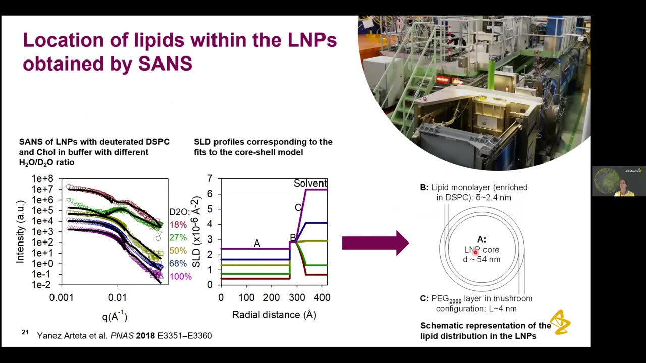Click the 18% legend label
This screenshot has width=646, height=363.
(x=178, y=225)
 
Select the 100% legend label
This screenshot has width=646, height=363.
(x=180, y=277)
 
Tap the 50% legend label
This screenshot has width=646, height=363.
(x=178, y=251)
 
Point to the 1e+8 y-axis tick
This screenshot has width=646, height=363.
(x=42, y=179)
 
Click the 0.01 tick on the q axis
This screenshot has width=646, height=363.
(x=117, y=298)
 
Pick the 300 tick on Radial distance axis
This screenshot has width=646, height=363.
(x=297, y=298)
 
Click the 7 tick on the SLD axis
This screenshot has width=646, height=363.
(x=210, y=179)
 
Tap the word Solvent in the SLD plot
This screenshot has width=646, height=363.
(x=310, y=184)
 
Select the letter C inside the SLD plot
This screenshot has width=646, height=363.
(x=298, y=207)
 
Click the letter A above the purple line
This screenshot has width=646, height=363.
(x=257, y=244)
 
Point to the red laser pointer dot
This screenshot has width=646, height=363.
(x=475, y=251)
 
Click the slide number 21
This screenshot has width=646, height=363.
(x=25, y=332)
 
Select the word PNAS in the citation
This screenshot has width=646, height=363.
(x=122, y=335)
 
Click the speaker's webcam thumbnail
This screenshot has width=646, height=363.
(x=619, y=181)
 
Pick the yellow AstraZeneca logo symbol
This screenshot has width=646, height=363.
(x=560, y=322)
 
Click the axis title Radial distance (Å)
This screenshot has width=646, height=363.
(x=274, y=315)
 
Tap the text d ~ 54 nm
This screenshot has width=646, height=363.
(x=481, y=259)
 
